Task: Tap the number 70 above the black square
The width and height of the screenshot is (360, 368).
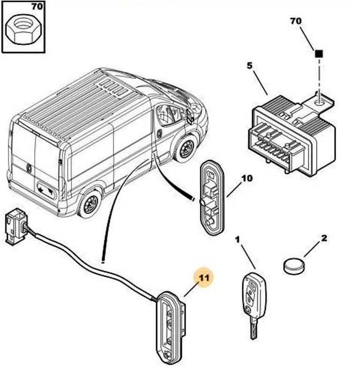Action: [x=296, y=21]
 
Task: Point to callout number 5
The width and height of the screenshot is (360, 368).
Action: [x=249, y=66]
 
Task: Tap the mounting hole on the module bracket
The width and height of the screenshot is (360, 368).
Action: [x=320, y=100]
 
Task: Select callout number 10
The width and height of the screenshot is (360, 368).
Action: [x=247, y=178]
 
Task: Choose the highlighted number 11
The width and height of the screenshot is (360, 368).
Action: [x=203, y=277]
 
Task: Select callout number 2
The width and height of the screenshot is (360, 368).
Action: [x=323, y=238]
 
